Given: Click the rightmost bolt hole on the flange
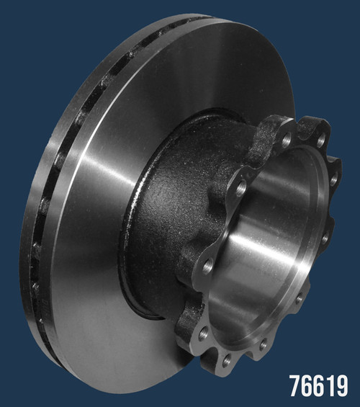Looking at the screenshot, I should tap(334, 179).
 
